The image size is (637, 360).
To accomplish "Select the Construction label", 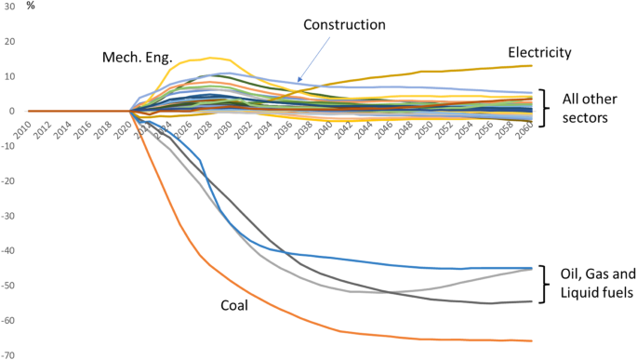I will coord(344,24).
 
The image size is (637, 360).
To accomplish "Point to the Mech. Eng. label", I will coord(137,59).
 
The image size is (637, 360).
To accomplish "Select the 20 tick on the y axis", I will coord(11,42).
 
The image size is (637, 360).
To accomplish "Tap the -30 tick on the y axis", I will coord(10,216).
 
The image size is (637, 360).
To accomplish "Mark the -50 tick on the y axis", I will coord(10,286).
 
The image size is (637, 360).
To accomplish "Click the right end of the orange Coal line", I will coord(532,340).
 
